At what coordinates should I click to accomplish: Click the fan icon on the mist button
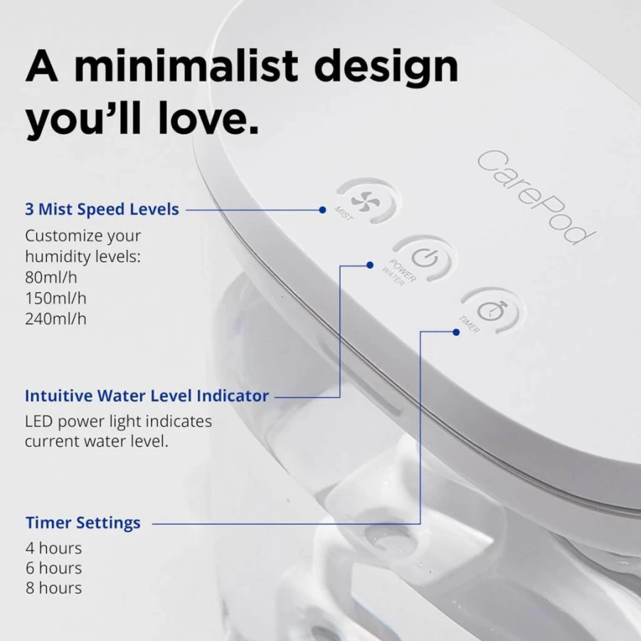point(366,201)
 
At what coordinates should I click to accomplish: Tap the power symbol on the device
point(425,258)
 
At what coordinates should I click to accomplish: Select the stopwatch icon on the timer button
point(492,311)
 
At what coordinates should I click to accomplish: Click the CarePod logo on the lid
point(536,196)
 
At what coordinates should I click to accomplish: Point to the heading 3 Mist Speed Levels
point(102,209)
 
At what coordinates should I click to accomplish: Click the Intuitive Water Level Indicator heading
point(147,396)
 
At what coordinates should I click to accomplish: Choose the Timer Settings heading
point(83,523)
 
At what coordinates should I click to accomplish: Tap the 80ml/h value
point(51,277)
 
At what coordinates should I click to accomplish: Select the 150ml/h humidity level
point(55,298)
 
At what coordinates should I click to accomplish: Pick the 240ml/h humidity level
point(55,319)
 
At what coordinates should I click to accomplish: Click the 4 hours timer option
point(53,549)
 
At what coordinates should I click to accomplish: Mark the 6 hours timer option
point(53,568)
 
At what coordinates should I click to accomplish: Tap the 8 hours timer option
point(53,588)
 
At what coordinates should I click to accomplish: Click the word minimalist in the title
point(186,66)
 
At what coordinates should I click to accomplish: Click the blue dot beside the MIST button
point(322,210)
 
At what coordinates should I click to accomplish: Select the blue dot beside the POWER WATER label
point(370,265)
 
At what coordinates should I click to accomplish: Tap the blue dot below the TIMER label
point(456,332)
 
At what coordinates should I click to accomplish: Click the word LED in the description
point(39,421)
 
